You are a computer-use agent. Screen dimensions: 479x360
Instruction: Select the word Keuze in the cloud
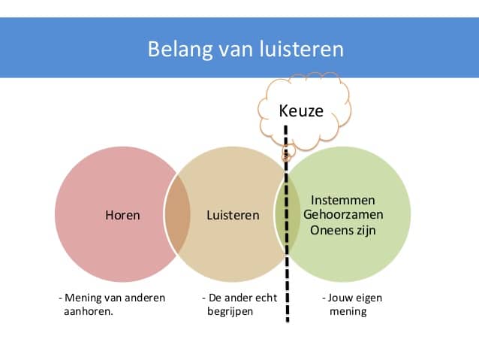click(301, 111)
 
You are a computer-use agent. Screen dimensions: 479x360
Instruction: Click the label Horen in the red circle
click(122, 215)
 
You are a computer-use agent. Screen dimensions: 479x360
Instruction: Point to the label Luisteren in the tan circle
click(233, 215)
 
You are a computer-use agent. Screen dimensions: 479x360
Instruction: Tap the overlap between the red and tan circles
click(178, 215)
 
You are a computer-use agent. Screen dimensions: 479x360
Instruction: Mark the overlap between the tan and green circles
click(283, 215)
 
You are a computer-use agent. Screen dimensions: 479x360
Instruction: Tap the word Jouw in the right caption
click(341, 298)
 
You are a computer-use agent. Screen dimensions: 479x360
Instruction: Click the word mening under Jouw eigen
click(348, 311)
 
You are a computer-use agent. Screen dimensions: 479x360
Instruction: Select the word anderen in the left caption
click(144, 298)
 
